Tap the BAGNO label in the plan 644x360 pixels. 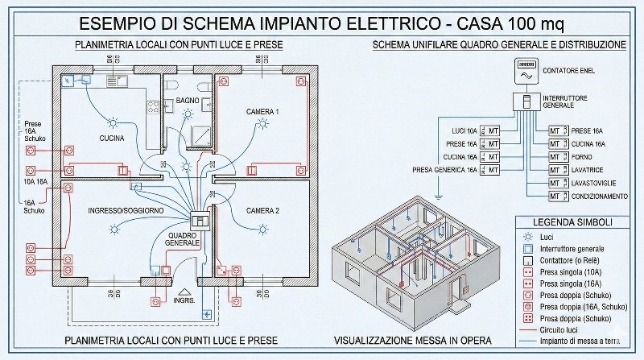point(176,100)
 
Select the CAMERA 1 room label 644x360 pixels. point(262,111)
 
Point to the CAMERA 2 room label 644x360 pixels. point(262,210)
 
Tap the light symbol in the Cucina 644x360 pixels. point(114,123)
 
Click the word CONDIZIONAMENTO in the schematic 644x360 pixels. point(600,197)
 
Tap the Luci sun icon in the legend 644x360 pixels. point(527,237)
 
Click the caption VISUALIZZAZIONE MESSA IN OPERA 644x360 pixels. point(412,340)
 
